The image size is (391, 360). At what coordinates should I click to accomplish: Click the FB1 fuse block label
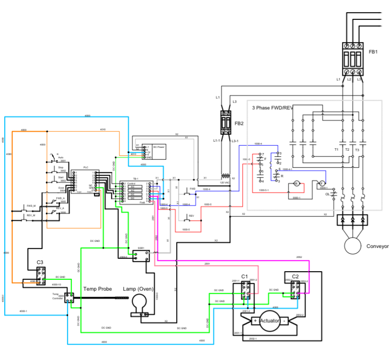373,51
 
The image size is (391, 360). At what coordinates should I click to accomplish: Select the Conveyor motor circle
352,246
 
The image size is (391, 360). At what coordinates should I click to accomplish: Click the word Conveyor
377,246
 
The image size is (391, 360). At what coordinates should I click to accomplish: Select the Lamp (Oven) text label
138,289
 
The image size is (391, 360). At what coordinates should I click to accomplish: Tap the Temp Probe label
98,288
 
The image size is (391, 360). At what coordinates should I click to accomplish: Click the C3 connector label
40,263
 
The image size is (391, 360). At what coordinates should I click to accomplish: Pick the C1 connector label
245,276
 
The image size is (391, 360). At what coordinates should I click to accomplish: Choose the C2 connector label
295,276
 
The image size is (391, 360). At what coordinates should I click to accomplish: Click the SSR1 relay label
141,248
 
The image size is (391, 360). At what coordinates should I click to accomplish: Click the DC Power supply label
159,147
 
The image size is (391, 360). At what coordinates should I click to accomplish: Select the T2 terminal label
347,149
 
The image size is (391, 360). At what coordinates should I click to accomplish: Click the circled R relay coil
297,183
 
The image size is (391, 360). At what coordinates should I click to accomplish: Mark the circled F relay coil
322,183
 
